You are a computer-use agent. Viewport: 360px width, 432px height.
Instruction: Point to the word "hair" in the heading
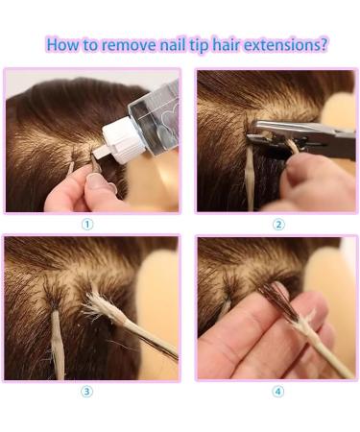tap(227, 44)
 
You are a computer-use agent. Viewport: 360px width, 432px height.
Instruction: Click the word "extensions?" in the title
tap(286, 44)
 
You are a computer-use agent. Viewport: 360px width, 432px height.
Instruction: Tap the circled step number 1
tap(87, 225)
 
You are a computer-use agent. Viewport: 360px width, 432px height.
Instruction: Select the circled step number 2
tap(278, 225)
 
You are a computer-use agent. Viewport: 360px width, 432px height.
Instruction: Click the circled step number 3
tap(86, 392)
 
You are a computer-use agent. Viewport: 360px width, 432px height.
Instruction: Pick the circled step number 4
tap(277, 392)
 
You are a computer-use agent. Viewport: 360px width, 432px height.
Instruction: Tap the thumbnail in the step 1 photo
tap(96, 180)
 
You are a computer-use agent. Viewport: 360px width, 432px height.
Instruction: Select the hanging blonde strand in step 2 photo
tap(250, 180)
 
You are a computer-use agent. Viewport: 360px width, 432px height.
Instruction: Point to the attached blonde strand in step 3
tap(57, 343)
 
